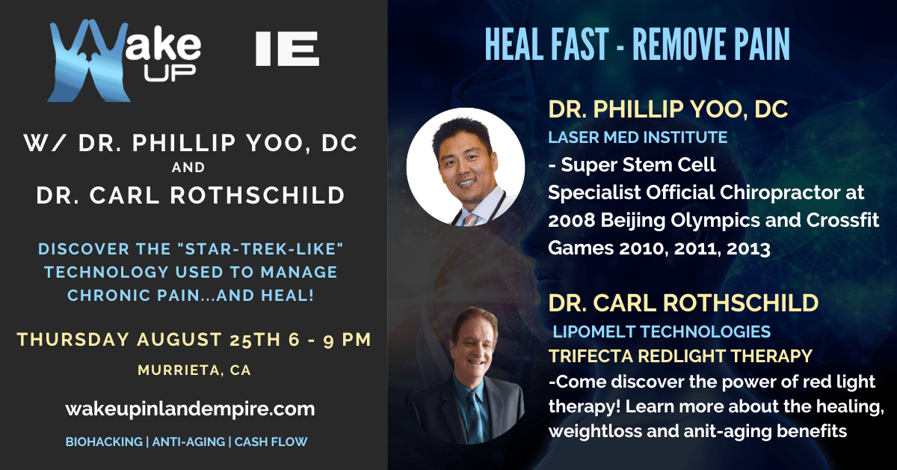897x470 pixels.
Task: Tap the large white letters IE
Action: (x=287, y=49)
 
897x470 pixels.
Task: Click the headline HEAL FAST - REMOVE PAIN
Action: (x=637, y=44)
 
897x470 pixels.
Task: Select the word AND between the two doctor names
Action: (x=188, y=167)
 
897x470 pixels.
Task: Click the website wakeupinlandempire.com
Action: (x=190, y=409)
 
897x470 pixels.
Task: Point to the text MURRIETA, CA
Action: (x=194, y=370)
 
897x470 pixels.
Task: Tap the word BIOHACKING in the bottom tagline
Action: (x=104, y=442)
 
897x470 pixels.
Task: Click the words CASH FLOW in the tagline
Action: (x=271, y=442)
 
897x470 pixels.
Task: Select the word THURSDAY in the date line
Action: (x=73, y=340)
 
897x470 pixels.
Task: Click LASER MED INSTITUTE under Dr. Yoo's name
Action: (x=638, y=138)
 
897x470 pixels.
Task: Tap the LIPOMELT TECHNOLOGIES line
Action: (x=662, y=332)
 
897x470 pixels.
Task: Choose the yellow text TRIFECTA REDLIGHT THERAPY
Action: (x=680, y=356)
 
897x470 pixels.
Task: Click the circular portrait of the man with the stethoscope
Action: (x=466, y=166)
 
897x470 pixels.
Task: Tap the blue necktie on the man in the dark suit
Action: (x=475, y=417)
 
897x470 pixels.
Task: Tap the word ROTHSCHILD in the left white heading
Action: (x=257, y=195)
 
